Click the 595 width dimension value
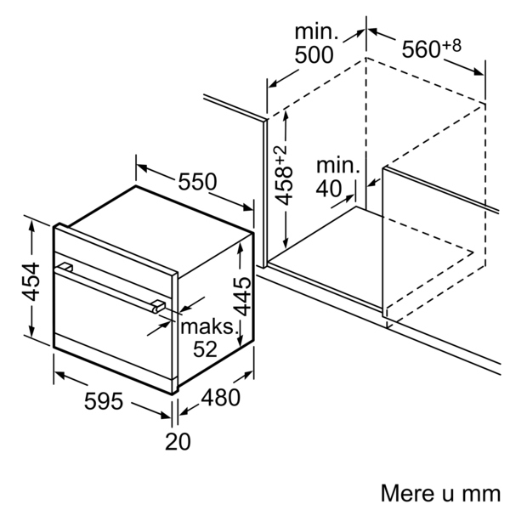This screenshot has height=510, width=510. [x=104, y=400]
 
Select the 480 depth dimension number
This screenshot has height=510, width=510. [x=220, y=397]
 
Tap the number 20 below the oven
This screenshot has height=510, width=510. [x=178, y=441]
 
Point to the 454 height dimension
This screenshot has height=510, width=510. [x=31, y=281]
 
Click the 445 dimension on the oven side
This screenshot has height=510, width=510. [x=242, y=297]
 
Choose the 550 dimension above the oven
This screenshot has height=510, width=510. [x=197, y=181]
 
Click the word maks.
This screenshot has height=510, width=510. [x=209, y=326]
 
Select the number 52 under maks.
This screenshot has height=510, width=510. [x=205, y=349]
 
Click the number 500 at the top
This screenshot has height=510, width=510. [x=314, y=54]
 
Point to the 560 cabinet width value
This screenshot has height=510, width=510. [x=422, y=49]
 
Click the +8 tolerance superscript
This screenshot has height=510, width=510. [x=451, y=45]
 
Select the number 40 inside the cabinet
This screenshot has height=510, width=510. [x=329, y=189]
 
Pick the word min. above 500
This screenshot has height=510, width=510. [x=316, y=31]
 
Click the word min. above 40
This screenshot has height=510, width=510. [x=338, y=165]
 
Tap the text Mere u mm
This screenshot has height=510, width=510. [x=440, y=493]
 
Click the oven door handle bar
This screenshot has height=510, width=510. [x=110, y=286]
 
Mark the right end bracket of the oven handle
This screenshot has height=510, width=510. [x=159, y=307]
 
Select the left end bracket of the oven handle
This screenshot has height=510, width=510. [x=65, y=268]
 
